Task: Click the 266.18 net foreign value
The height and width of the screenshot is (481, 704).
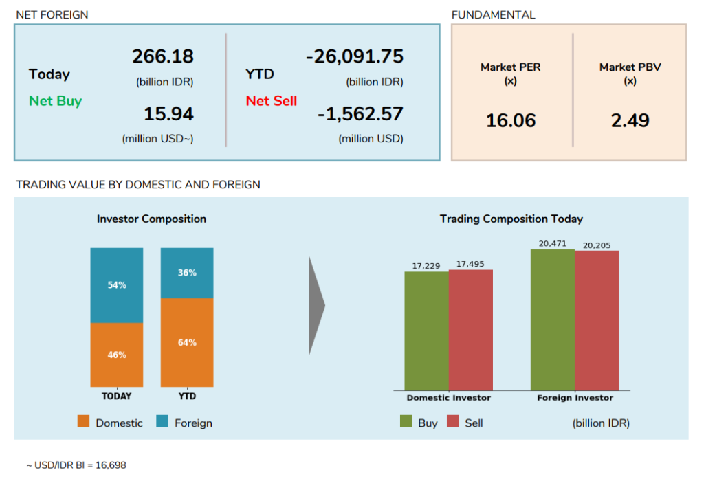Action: (x=163, y=56)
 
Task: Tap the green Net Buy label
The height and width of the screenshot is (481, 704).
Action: (x=55, y=101)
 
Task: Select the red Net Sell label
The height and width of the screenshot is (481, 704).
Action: (x=272, y=101)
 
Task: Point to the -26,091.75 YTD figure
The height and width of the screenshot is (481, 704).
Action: (x=355, y=56)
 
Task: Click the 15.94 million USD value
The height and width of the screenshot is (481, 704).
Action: (x=168, y=113)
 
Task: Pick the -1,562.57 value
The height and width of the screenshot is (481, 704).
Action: (x=360, y=113)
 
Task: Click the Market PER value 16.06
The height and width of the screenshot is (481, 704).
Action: (x=511, y=121)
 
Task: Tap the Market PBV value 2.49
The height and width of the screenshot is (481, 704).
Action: (x=630, y=121)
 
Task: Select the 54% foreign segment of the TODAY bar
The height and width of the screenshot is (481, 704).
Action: (x=117, y=285)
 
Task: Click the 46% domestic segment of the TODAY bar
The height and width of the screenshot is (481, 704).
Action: (x=117, y=355)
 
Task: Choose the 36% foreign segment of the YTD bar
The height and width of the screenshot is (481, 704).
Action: (x=187, y=273)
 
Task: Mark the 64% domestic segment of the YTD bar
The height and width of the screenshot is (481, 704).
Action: (x=187, y=342)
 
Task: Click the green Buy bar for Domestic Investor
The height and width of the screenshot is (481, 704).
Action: (x=426, y=331)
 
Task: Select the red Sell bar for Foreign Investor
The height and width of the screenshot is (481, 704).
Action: (x=597, y=320)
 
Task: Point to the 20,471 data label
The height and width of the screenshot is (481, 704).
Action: (x=552, y=243)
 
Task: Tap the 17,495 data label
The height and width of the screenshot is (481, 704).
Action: (x=470, y=264)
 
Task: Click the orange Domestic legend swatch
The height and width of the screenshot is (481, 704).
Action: (x=84, y=422)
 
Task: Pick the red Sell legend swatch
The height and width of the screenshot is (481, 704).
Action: (x=452, y=421)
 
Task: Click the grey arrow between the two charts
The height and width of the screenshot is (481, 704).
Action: (x=316, y=306)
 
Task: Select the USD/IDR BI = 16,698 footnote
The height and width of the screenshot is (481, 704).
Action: (x=76, y=465)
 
